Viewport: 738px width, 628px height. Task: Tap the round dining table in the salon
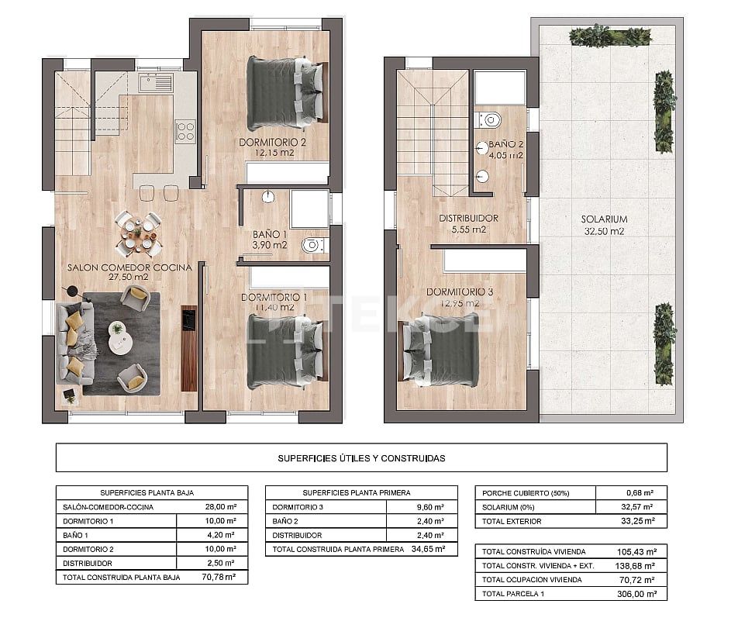[x=139, y=233]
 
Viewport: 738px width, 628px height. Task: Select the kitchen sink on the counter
[x=156, y=82]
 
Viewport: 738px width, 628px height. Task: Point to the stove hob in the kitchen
[x=184, y=130]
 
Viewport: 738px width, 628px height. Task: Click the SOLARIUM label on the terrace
[x=604, y=219]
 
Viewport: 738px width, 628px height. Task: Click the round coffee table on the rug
[x=121, y=342]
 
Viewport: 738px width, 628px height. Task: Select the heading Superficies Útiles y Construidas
[x=361, y=458]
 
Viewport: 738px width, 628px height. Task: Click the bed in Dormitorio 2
[x=285, y=93]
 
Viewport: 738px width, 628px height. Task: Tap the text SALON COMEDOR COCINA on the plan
[x=129, y=267]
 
